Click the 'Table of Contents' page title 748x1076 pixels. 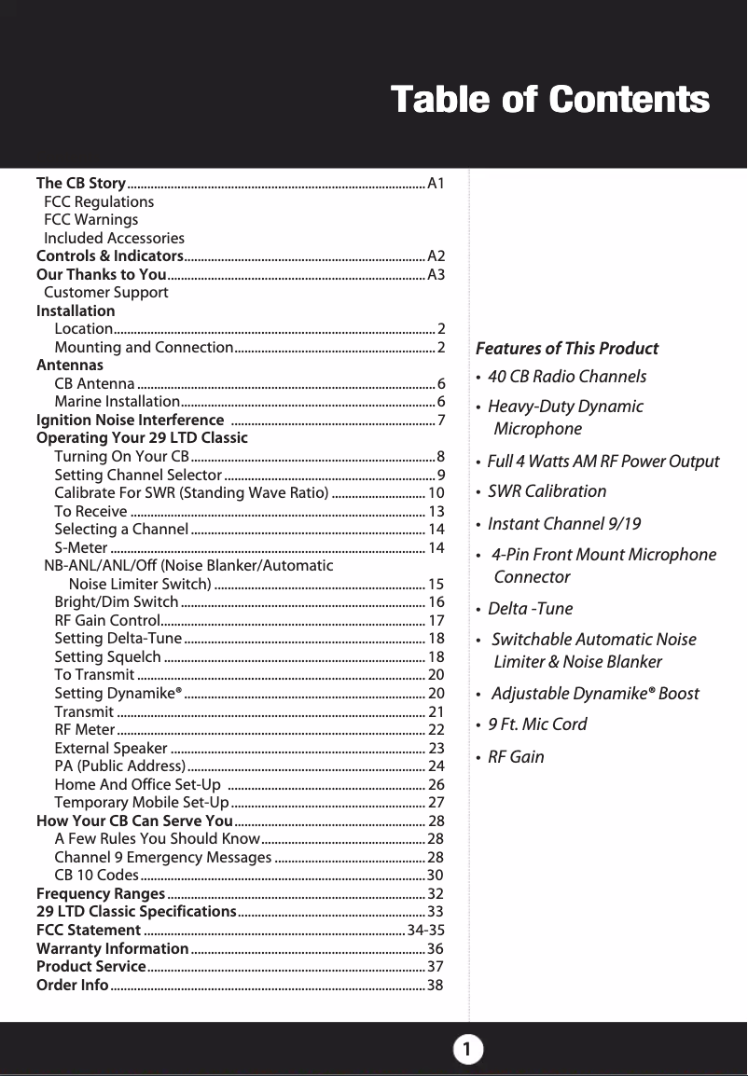549,100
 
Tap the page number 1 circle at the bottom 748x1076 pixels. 468,1050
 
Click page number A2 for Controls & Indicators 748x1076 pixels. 436,256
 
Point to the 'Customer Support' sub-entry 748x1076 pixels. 106,293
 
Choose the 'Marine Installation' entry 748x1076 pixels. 117,402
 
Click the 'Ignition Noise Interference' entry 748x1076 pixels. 129,420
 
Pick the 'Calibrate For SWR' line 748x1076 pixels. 190,492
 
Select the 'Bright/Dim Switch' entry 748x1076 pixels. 117,602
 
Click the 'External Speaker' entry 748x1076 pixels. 111,748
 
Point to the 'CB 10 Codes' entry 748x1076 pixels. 97,876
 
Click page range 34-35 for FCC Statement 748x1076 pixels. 425,931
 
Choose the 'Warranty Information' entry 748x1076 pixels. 112,948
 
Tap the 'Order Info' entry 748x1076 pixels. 72,986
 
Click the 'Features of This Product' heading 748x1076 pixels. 567,349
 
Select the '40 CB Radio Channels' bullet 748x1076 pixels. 567,377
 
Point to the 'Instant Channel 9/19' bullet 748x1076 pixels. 564,523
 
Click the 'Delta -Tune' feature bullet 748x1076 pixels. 531,609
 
